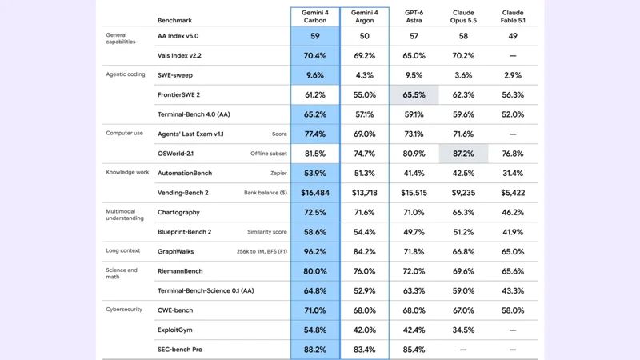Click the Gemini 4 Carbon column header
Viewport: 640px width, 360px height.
(x=315, y=16)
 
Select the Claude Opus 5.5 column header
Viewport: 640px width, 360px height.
(x=463, y=16)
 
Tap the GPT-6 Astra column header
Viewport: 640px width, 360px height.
(x=414, y=16)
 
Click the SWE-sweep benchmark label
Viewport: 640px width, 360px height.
(x=175, y=75)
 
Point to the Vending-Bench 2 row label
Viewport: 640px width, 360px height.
(x=183, y=193)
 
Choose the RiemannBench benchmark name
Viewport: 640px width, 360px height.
(x=180, y=271)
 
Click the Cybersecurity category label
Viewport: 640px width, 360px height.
(x=124, y=310)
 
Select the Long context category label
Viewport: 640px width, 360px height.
(x=123, y=250)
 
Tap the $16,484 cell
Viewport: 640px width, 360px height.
(x=315, y=193)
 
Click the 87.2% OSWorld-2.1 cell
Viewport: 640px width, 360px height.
(x=463, y=154)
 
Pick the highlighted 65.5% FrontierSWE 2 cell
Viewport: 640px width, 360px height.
(x=414, y=94)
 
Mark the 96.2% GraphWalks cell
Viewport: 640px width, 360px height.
(x=315, y=251)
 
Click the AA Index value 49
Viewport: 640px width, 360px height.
(x=513, y=36)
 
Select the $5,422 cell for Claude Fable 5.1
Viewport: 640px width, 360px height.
(x=513, y=193)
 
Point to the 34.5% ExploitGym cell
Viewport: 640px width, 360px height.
(x=463, y=330)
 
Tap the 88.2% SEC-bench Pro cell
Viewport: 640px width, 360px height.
(x=315, y=350)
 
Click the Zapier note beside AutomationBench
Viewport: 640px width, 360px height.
(x=278, y=173)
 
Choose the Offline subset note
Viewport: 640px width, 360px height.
(x=269, y=154)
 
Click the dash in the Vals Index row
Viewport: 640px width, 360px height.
(x=513, y=55)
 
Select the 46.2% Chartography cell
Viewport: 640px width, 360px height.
(x=513, y=212)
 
